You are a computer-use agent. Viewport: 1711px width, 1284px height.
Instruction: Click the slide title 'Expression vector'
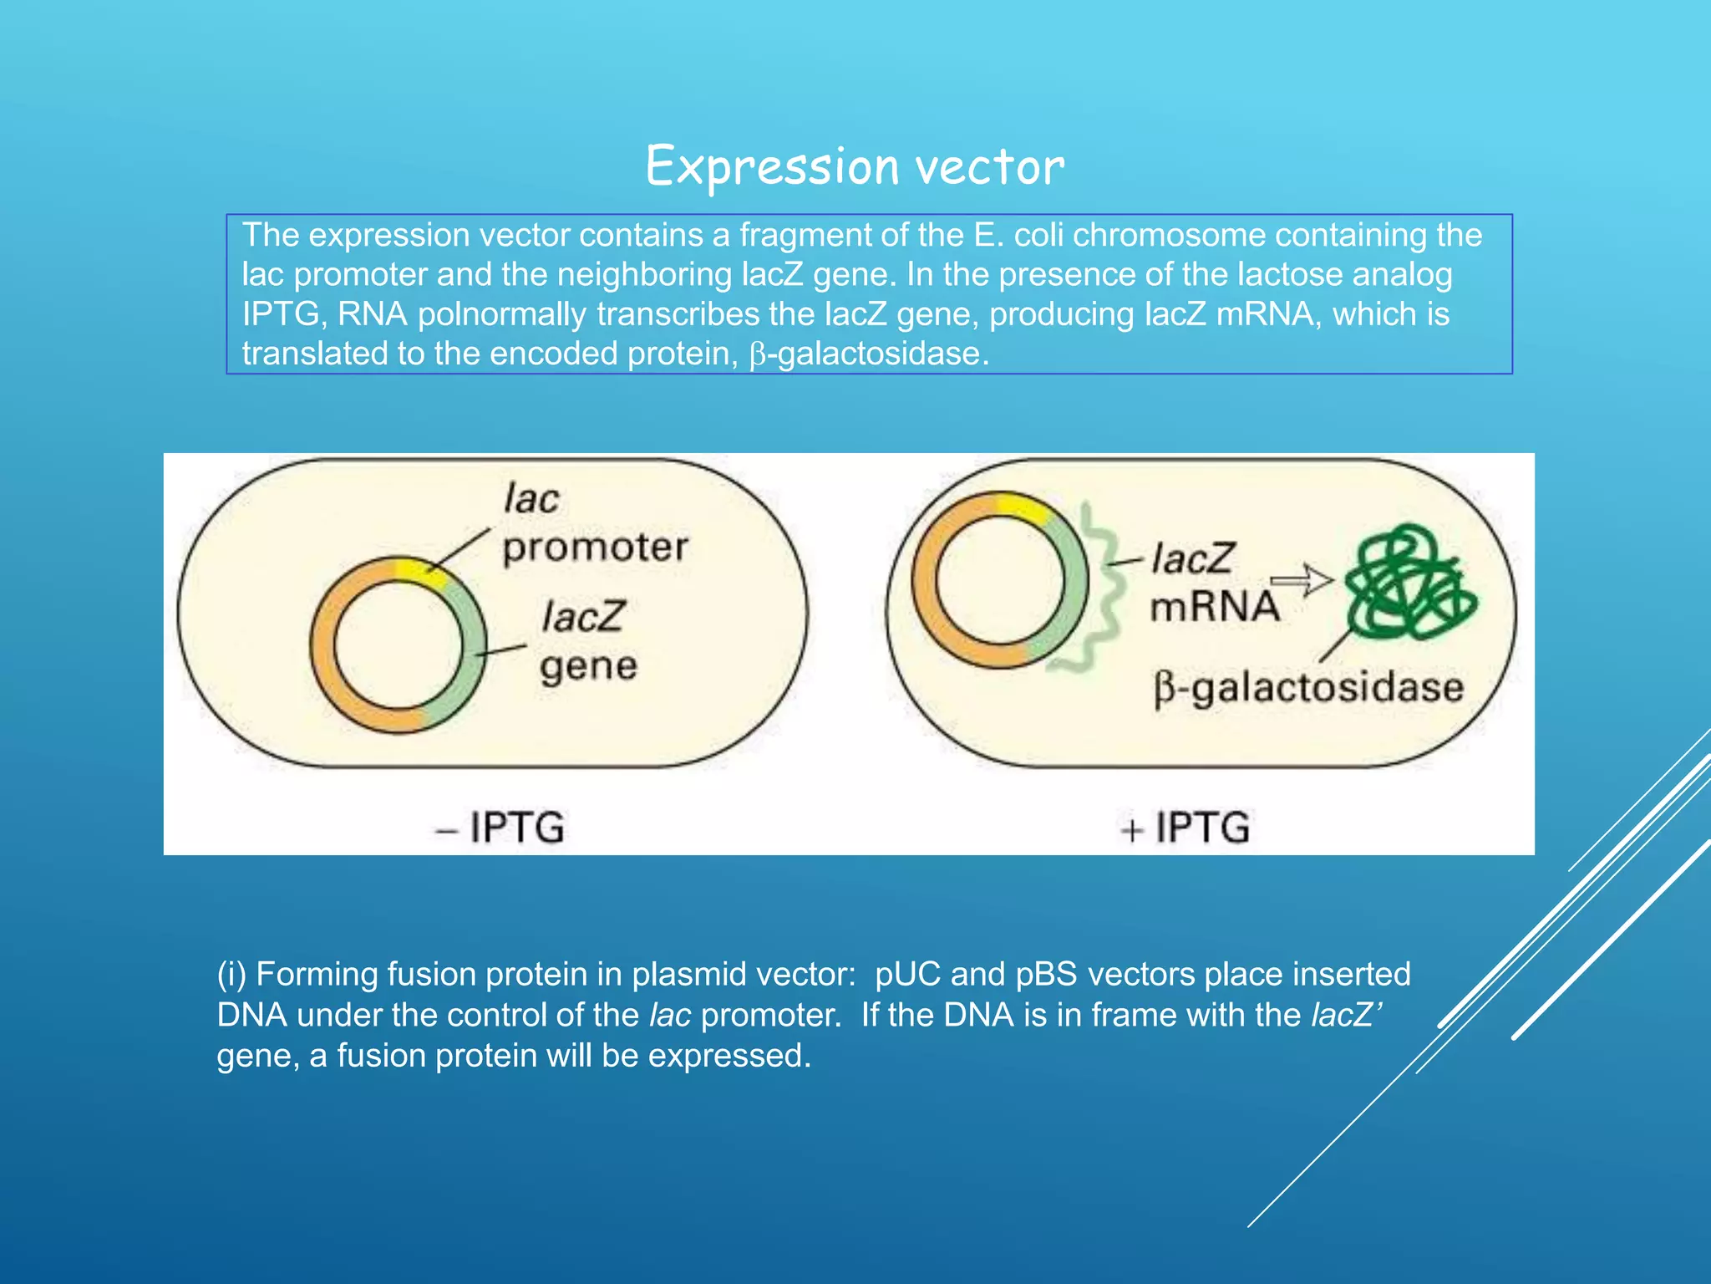(855, 166)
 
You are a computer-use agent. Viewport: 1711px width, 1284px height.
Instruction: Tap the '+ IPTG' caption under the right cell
(1185, 827)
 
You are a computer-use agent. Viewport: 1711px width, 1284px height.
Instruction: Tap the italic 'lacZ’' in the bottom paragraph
(1346, 1015)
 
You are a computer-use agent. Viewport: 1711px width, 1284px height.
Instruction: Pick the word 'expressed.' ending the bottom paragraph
(729, 1056)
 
